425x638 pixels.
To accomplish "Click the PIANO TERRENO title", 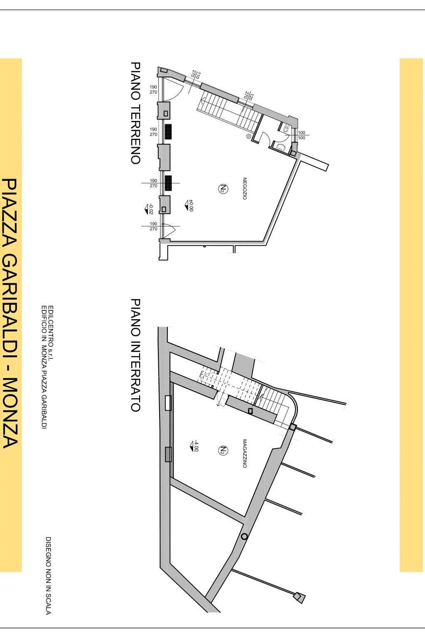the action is tap(135, 113).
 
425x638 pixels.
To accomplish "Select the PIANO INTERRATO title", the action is tap(135, 355).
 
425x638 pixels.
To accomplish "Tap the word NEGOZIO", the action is tap(245, 189).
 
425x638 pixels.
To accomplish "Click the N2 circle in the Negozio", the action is tap(223, 188).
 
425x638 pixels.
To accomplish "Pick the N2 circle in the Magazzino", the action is tap(223, 450).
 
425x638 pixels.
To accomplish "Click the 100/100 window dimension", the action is tap(302, 135).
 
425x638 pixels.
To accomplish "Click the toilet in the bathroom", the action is tap(285, 129).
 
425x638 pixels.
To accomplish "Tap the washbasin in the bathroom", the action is tap(281, 148).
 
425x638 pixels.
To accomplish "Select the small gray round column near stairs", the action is tap(249, 136).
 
